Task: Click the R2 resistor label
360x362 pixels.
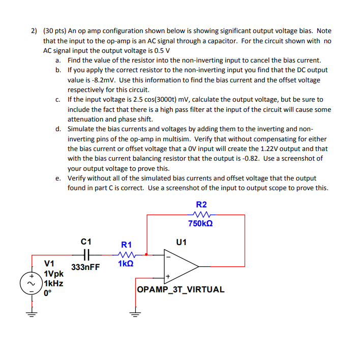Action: point(201,204)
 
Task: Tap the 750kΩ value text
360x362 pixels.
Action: point(200,224)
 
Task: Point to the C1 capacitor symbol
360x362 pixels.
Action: point(86,254)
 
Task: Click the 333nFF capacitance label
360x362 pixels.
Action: point(86,267)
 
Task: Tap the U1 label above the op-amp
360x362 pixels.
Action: point(182,242)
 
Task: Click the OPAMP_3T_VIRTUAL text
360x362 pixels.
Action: point(180,289)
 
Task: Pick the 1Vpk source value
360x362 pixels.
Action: point(54,274)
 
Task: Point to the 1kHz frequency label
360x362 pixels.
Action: point(53,283)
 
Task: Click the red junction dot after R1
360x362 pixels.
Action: point(147,254)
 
